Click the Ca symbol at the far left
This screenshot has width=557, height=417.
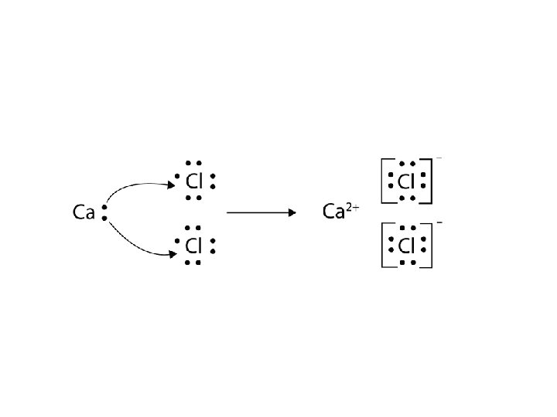[84, 212]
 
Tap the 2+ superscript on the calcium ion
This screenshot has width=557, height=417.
[352, 206]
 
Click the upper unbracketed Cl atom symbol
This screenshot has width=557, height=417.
[194, 181]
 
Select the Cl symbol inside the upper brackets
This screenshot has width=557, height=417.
[407, 181]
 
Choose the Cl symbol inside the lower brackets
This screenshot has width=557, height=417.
[407, 246]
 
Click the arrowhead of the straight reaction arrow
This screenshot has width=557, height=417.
[295, 212]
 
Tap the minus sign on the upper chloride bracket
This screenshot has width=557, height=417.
[439, 158]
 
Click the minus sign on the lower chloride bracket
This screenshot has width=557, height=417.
[439, 222]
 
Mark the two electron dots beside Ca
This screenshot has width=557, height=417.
[103, 212]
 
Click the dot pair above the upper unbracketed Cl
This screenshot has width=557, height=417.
[193, 164]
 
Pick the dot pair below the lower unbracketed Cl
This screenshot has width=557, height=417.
[193, 263]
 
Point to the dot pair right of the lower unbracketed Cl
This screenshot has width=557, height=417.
[212, 246]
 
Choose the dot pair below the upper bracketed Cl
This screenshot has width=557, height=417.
[407, 198]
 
